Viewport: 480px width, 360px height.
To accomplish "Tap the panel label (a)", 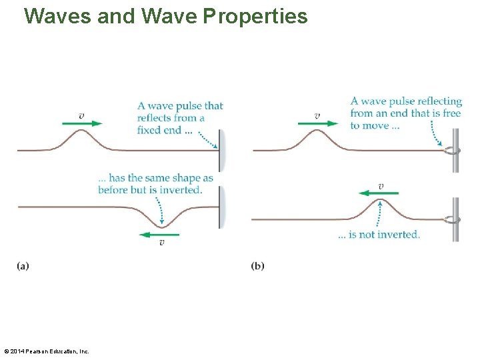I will (x=23, y=266).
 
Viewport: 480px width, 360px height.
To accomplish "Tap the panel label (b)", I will (x=257, y=266).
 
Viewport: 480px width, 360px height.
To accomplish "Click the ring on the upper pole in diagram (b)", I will (x=453, y=151).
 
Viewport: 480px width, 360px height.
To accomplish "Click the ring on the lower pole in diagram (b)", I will (x=453, y=219).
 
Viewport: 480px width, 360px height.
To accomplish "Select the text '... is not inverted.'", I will (x=379, y=235).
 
